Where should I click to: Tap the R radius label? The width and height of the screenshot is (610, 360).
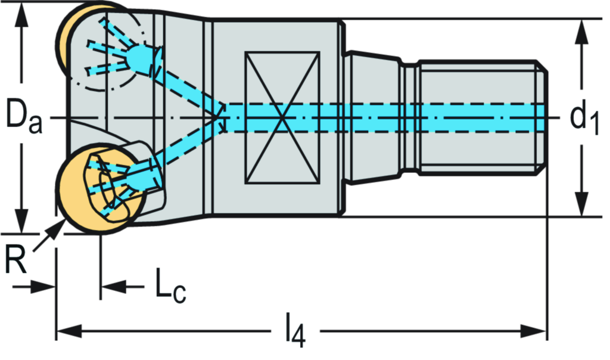tap(15, 260)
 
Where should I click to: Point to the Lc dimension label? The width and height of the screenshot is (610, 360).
tap(170, 287)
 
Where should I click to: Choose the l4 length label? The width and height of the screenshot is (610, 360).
tap(294, 330)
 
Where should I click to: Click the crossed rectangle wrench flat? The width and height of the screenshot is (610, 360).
tap(282, 117)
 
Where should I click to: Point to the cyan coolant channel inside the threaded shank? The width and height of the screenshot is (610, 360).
tap(477, 117)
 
